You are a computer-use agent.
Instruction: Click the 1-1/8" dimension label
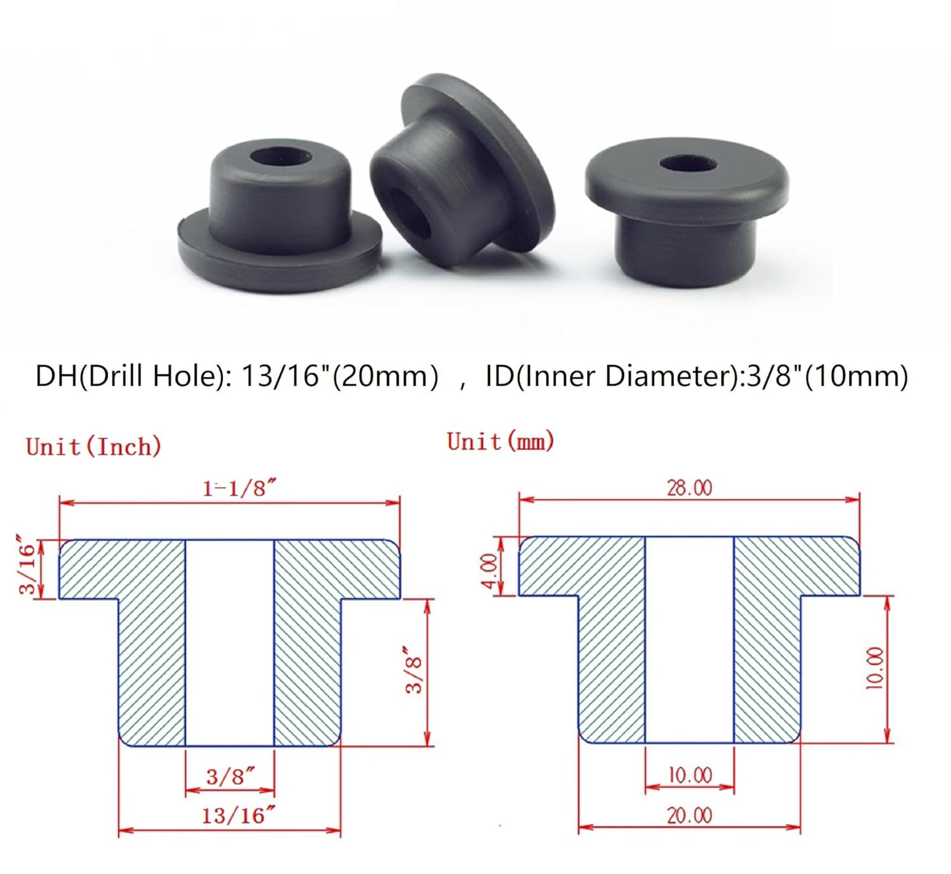pyautogui.click(x=238, y=488)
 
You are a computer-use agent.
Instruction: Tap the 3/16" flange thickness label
pyautogui.click(x=28, y=569)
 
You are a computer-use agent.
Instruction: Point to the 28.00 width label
pyautogui.click(x=689, y=488)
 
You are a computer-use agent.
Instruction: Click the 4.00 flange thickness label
pyautogui.click(x=490, y=571)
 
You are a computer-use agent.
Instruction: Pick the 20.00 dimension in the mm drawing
pyautogui.click(x=689, y=815)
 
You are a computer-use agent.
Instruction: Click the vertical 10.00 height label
pyautogui.click(x=875, y=668)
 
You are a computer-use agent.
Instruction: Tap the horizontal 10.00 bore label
pyautogui.click(x=689, y=775)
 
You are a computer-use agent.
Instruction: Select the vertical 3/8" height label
pyautogui.click(x=414, y=669)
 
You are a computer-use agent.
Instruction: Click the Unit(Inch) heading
pyautogui.click(x=93, y=447)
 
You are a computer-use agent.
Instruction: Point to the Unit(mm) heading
pyautogui.click(x=500, y=441)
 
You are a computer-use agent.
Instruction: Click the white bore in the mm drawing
pyautogui.click(x=689, y=638)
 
